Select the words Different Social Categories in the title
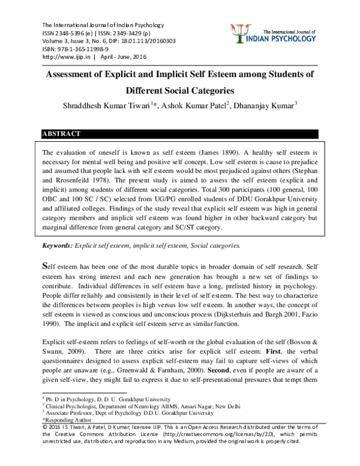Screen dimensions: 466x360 (179, 92)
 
